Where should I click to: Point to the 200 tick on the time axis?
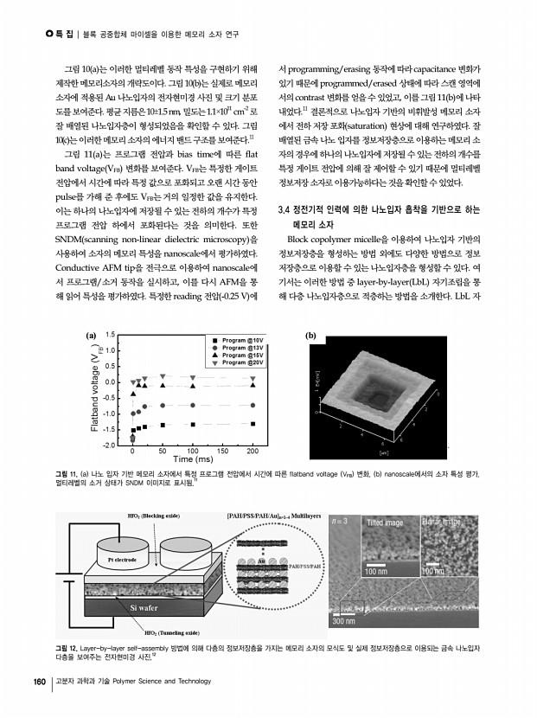pos(253,452)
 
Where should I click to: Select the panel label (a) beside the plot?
pos(91,335)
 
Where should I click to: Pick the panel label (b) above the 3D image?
pos(311,335)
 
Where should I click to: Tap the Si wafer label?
pos(148,609)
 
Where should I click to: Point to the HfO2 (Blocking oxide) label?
pos(152,516)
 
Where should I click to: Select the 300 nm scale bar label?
pos(346,621)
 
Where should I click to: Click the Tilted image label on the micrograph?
pos(385,523)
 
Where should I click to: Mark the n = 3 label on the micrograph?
pos(342,522)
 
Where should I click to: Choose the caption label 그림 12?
pos(66,647)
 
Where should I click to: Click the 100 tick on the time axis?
pos(192,452)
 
